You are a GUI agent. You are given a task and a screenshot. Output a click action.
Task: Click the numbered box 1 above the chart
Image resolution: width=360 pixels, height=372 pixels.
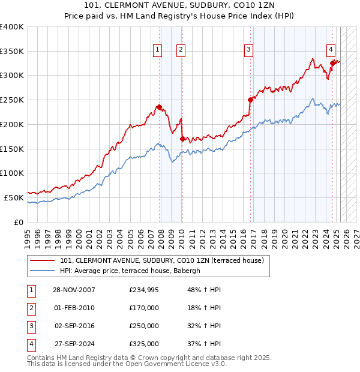pyautogui.click(x=158, y=50)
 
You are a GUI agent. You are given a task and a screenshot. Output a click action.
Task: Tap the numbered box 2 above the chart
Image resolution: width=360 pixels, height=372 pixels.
pyautogui.click(x=181, y=50)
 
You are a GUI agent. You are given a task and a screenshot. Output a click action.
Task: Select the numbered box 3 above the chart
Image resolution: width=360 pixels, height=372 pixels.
pyautogui.click(x=248, y=50)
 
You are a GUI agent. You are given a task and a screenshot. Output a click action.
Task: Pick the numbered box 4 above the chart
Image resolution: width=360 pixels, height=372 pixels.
pyautogui.click(x=331, y=50)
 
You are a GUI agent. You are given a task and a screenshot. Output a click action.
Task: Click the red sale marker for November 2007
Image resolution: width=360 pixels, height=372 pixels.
pyautogui.click(x=159, y=107)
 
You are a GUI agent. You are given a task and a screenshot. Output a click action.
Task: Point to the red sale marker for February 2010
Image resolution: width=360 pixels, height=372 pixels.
pyautogui.click(x=182, y=139)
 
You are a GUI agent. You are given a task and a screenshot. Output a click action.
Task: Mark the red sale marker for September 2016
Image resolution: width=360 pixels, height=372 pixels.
pyautogui.click(x=250, y=100)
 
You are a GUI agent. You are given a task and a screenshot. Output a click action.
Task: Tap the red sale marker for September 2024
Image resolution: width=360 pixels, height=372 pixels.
pyautogui.click(x=332, y=63)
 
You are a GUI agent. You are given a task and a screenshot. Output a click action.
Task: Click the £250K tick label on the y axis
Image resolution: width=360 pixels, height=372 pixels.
pyautogui.click(x=12, y=100)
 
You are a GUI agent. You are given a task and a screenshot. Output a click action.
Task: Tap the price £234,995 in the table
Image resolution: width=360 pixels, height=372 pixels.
pyautogui.click(x=144, y=290)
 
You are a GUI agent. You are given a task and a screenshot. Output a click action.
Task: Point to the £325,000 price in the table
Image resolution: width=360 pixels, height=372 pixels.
pyautogui.click(x=144, y=344)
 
